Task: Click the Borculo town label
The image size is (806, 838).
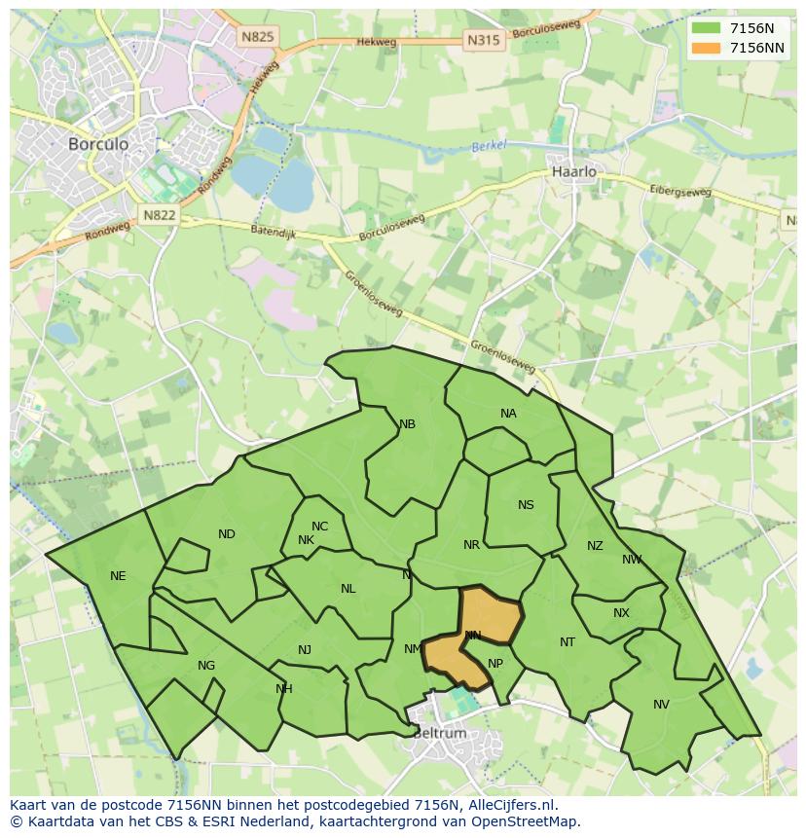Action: [x=98, y=143]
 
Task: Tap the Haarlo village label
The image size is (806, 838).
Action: [x=573, y=171]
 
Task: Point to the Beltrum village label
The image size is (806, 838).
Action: [x=439, y=733]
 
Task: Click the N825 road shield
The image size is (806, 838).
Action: [x=258, y=36]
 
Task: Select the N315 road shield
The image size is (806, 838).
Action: [x=484, y=40]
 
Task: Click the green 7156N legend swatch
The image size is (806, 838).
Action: [x=706, y=28]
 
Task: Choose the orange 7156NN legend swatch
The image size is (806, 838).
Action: [x=706, y=48]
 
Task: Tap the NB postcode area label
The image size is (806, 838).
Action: [x=407, y=423]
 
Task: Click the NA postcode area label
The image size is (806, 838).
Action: [x=508, y=414]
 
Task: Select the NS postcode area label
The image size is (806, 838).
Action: [x=526, y=504]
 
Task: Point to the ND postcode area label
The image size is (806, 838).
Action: [x=227, y=533]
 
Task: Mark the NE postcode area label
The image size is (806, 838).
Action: [x=118, y=575]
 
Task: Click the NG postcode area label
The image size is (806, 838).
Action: [x=206, y=666]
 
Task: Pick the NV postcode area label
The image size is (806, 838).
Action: [x=661, y=704]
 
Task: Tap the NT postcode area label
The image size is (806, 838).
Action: [x=568, y=641]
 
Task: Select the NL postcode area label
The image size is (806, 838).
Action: [x=348, y=588]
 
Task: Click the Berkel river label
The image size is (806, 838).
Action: [x=490, y=146]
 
